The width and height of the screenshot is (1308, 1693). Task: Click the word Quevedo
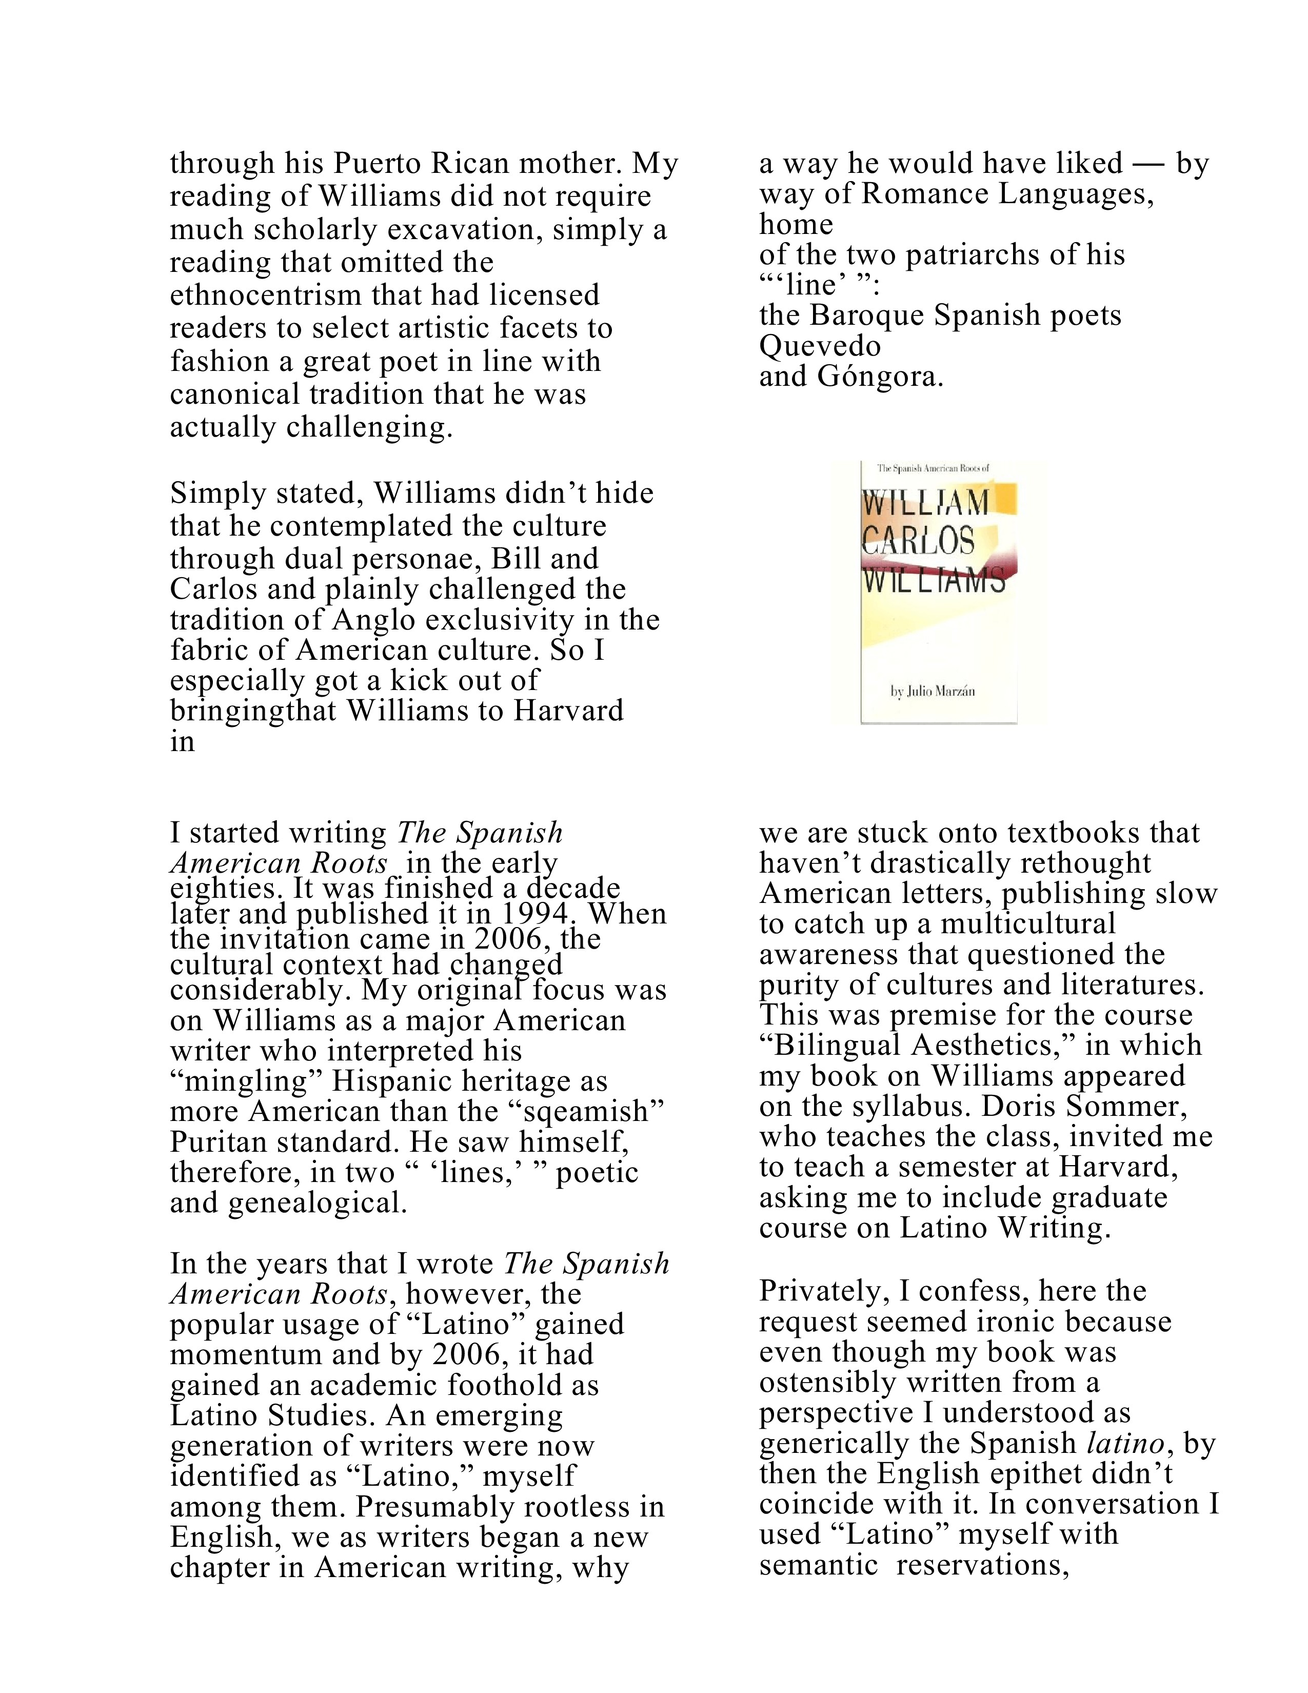click(x=820, y=346)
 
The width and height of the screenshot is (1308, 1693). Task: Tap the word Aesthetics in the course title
click(x=992, y=1045)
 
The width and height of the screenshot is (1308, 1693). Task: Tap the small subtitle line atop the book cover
click(x=933, y=468)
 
